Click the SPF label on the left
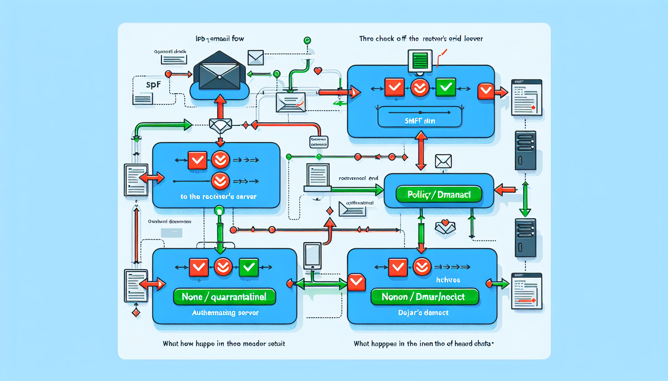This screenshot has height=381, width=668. pos(153,85)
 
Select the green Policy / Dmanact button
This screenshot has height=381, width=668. pos(439,195)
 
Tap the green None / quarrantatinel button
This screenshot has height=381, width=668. pos(224,297)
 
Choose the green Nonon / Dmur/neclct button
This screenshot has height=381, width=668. pos(425,297)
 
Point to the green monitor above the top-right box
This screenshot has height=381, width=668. pos(420,61)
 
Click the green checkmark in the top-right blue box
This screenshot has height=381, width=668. pos(445,87)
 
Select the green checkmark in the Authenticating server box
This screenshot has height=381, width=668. pos(249,267)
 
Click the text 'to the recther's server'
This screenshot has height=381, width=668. pos(218,196)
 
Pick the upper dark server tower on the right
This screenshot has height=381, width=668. pos(525,150)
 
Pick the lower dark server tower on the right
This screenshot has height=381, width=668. pos(525,238)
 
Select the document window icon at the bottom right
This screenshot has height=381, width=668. pos(526,291)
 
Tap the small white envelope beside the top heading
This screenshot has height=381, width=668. pos(256,58)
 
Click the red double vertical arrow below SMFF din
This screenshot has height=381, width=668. pos(421,150)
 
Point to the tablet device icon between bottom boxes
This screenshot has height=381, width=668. pos(312,256)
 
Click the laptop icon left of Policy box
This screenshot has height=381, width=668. pos(318,177)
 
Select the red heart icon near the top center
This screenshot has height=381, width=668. pos(318,71)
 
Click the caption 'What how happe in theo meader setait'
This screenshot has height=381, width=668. pos(224,343)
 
